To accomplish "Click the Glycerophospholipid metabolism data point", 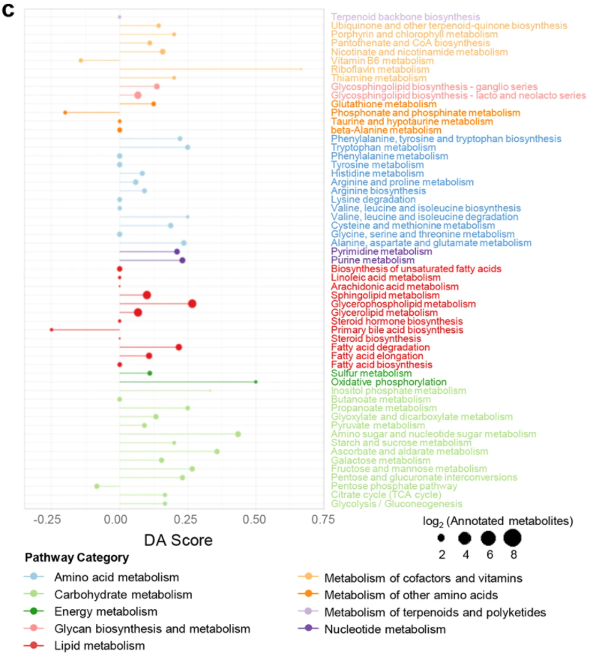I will (192, 303).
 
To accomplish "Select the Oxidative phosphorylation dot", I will (256, 382).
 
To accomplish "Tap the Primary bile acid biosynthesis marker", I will (51, 329).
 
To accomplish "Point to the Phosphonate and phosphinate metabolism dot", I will (65, 112).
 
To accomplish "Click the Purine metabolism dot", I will (182, 260).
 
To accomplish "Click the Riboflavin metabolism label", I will (370, 69).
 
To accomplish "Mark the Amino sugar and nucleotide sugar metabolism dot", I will (238, 434).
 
